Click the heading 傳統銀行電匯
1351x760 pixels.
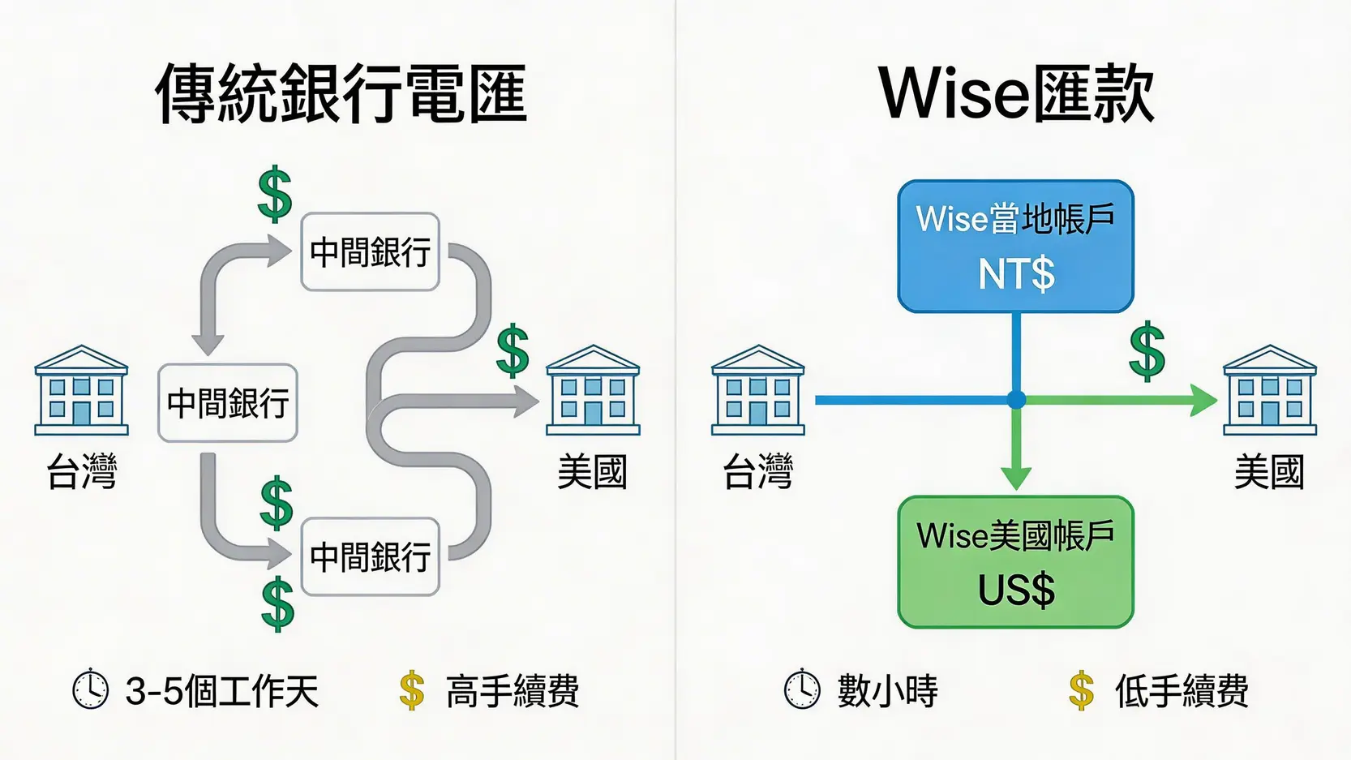[x=341, y=93]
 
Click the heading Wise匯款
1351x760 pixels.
[x=1016, y=93]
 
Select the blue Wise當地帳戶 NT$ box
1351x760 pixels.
[x=1015, y=247]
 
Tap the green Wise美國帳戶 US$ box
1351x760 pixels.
[x=1015, y=562]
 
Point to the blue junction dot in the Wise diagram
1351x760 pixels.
[x=1016, y=400]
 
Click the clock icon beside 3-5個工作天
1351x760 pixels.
[x=90, y=690]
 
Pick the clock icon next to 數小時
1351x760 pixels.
[x=802, y=690]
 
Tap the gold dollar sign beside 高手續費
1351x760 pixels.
[x=412, y=691]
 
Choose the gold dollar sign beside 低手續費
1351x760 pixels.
[x=1081, y=691]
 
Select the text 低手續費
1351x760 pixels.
[x=1182, y=691]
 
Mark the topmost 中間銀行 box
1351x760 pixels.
[x=370, y=252]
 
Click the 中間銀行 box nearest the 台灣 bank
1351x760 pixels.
[x=228, y=403]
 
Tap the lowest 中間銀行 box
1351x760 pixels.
[x=370, y=557]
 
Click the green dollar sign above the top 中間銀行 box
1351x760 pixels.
[x=275, y=194]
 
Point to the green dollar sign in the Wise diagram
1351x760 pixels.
[x=1147, y=351]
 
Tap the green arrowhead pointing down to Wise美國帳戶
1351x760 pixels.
[x=1016, y=477]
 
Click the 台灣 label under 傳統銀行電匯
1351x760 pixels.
[x=82, y=471]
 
